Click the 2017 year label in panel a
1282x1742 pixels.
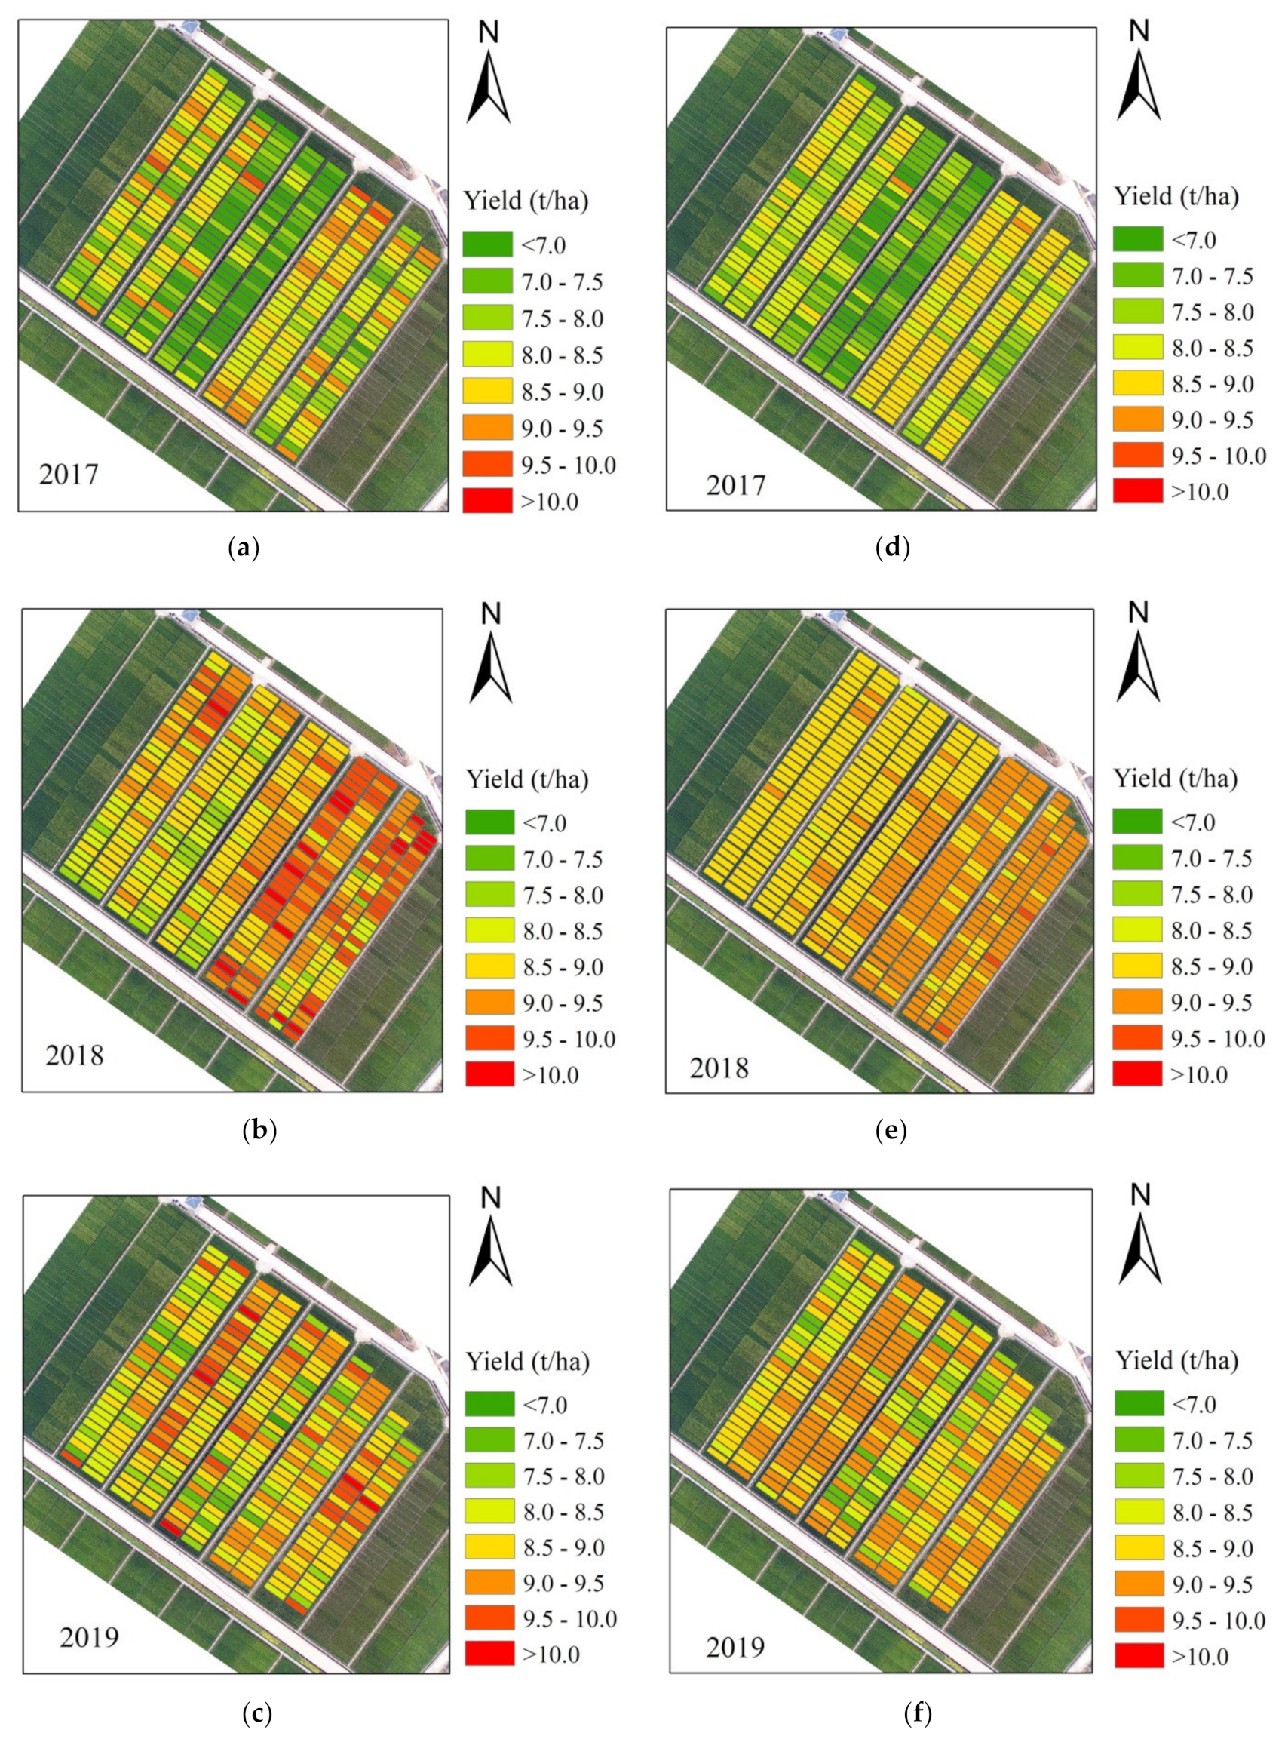[69, 475]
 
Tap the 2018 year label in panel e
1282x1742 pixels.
[719, 1068]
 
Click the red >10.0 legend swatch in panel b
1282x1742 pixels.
[489, 1074]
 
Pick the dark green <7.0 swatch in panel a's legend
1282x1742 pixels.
[487, 245]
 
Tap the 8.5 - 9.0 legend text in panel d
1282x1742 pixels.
[1212, 384]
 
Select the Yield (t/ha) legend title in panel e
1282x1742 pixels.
[1175, 779]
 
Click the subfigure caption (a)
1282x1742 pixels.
[244, 548]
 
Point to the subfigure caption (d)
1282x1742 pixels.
[892, 548]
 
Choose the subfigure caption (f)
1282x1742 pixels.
[918, 1713]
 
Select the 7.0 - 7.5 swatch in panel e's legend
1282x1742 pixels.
[1137, 858]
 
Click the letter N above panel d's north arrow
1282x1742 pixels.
[1139, 31]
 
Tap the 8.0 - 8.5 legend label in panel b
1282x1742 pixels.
[562, 931]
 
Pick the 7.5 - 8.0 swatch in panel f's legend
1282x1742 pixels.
[1139, 1476]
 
